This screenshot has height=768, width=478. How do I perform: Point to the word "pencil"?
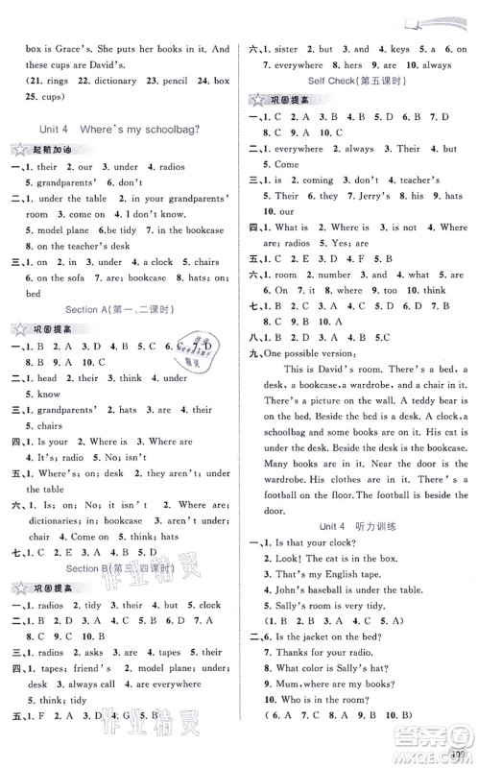[x=165, y=94]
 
